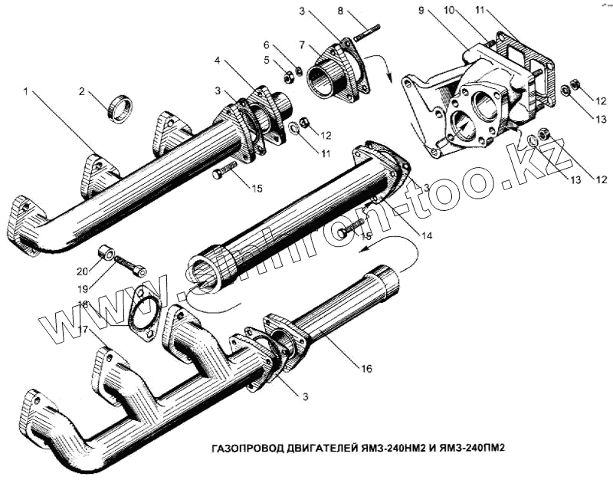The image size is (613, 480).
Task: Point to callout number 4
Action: [x=218, y=61]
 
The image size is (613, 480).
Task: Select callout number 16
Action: [x=366, y=369]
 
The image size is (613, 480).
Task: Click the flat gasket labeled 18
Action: [x=143, y=314]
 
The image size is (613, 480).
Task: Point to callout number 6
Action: [x=267, y=45]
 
